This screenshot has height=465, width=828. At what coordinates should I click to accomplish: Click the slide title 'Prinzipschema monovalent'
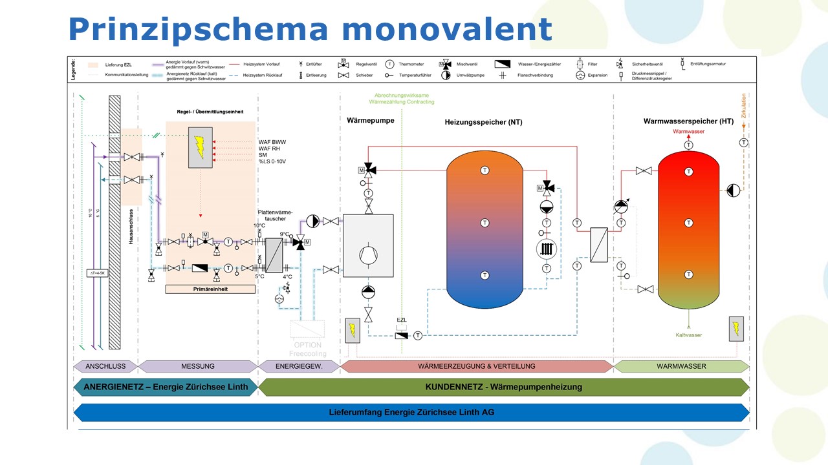(310, 29)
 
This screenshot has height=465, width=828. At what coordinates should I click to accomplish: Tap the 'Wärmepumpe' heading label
(371, 120)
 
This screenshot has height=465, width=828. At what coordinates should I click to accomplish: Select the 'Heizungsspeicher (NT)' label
(483, 122)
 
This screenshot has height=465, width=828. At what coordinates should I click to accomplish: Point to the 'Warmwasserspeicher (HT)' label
(688, 121)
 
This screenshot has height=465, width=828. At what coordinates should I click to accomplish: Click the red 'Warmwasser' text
(688, 132)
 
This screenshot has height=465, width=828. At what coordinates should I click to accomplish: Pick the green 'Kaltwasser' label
(688, 335)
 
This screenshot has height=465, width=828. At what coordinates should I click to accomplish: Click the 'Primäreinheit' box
(210, 289)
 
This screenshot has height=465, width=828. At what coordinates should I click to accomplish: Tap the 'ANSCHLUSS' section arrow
(105, 366)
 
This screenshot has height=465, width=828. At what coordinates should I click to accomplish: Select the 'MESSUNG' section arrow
(198, 366)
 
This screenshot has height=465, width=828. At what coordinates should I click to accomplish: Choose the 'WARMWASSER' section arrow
(681, 366)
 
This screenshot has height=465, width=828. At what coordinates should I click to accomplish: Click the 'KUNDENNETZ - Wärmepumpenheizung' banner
(503, 387)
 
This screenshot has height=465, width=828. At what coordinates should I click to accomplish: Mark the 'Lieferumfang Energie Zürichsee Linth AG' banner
(411, 412)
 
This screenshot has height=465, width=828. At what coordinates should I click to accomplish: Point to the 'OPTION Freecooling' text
(307, 349)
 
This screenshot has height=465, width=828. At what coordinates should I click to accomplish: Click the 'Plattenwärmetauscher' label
(276, 215)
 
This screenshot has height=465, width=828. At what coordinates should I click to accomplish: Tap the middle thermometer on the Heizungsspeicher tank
(485, 223)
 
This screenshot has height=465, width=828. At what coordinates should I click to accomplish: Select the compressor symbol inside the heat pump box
(368, 253)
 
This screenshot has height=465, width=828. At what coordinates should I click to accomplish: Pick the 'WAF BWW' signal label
(272, 142)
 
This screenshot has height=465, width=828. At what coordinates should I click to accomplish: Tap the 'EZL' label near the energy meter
(401, 320)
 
